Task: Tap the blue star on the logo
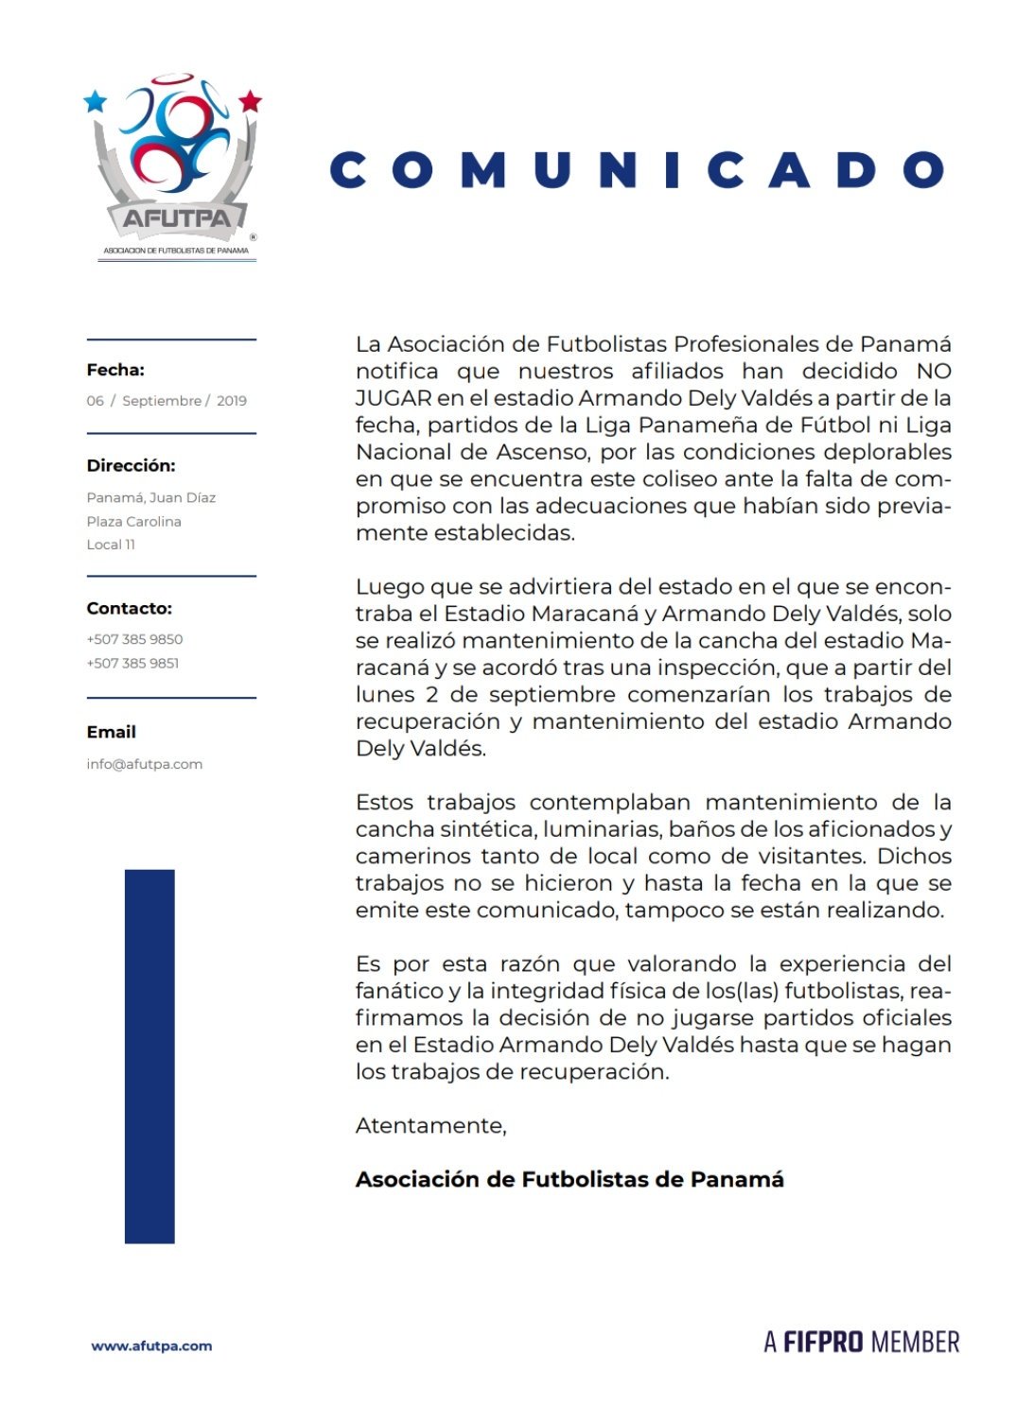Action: click(x=96, y=101)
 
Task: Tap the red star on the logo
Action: click(x=250, y=101)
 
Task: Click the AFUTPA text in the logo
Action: click(x=177, y=219)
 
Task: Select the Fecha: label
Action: click(x=115, y=370)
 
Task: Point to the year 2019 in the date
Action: click(x=232, y=401)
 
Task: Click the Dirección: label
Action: click(x=131, y=465)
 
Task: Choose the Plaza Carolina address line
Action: click(x=133, y=521)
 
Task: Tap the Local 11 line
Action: click(x=111, y=545)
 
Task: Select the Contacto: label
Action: click(x=130, y=608)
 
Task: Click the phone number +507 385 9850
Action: click(x=134, y=639)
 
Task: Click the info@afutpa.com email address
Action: click(x=144, y=764)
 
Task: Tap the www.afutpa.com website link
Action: click(x=151, y=1345)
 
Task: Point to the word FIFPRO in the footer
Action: click(x=823, y=1342)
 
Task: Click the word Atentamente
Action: click(x=430, y=1125)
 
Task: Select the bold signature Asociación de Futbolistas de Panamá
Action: click(x=569, y=1179)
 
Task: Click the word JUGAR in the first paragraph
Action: click(x=394, y=398)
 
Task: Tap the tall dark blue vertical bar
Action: click(x=149, y=1055)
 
